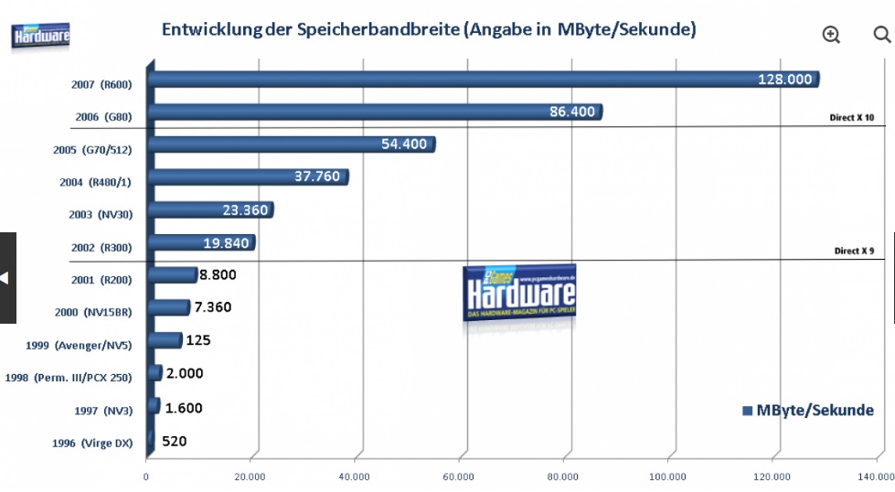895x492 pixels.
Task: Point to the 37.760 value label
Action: (x=316, y=176)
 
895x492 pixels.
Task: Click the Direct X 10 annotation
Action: (x=852, y=118)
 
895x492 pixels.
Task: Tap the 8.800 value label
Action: (x=220, y=273)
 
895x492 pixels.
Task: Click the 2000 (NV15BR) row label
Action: (x=93, y=312)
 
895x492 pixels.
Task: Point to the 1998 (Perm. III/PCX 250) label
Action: (x=69, y=378)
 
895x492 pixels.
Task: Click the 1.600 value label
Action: (x=184, y=409)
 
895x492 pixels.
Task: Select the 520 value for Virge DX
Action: (x=174, y=441)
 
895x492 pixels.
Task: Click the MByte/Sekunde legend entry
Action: (x=808, y=410)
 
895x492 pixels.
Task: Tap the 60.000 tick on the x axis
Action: (x=459, y=476)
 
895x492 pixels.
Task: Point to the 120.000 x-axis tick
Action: (x=772, y=476)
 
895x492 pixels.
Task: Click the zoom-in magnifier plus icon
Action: (x=831, y=35)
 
